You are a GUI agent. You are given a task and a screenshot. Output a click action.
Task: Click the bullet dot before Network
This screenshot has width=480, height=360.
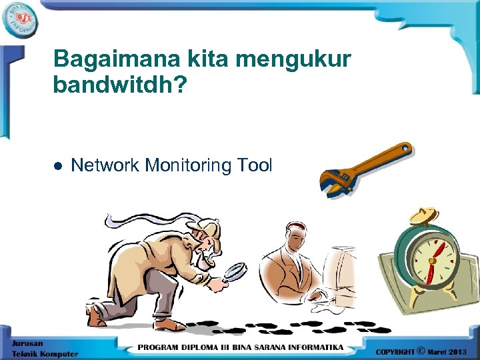pyautogui.click(x=58, y=165)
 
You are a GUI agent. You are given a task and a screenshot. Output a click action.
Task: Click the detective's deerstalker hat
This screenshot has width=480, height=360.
pyautogui.click(x=203, y=227)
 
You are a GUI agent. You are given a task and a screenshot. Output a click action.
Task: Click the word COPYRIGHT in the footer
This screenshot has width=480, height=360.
pyautogui.click(x=395, y=351)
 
